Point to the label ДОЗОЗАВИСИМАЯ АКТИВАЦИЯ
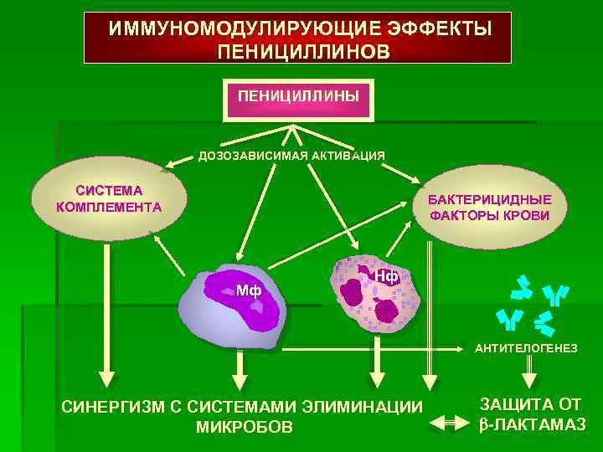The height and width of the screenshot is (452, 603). (291, 156)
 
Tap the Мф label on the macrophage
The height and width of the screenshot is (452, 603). (249, 291)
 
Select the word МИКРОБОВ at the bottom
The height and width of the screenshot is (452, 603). (244, 428)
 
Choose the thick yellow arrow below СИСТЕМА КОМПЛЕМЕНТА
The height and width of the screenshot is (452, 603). (105, 318)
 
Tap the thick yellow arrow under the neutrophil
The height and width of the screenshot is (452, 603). (379, 360)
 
